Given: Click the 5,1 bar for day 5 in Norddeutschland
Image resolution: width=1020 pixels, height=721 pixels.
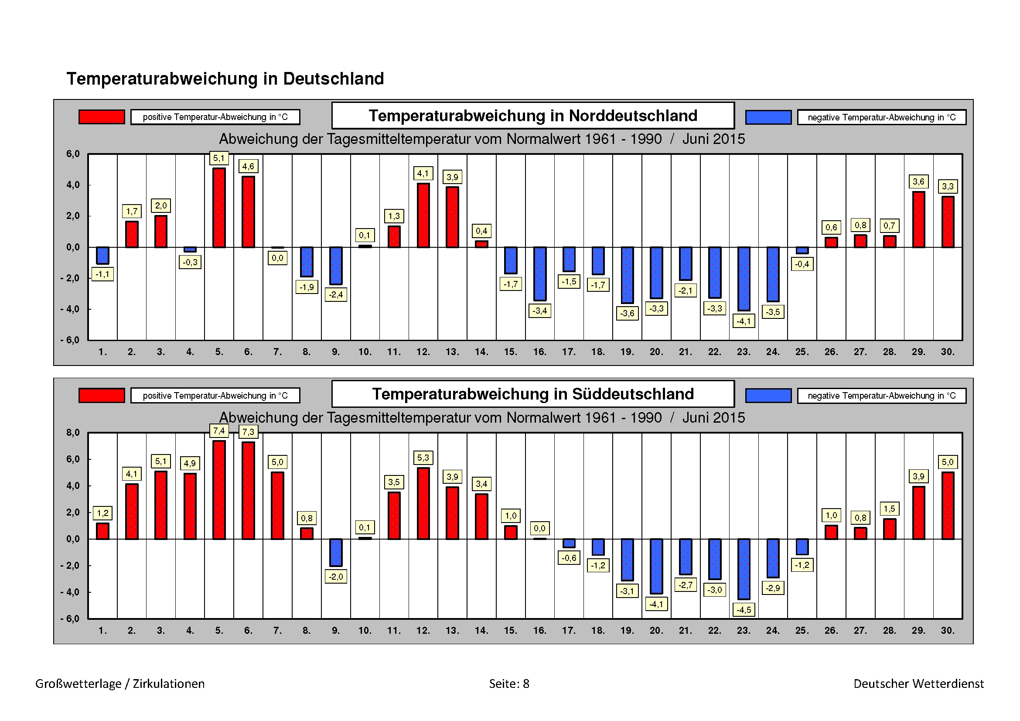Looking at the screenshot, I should pos(219,208).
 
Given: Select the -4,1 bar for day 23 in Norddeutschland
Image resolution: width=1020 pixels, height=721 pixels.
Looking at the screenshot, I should pos(744,279).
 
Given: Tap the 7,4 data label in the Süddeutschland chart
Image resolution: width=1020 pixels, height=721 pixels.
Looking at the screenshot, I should pos(218,431).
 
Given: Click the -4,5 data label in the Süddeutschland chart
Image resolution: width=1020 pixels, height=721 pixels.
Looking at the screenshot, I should pos(744,610).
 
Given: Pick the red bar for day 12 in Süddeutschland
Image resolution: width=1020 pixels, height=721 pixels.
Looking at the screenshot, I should pos(423,503).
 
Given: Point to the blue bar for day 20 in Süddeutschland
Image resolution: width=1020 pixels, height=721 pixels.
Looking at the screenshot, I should pos(656,566).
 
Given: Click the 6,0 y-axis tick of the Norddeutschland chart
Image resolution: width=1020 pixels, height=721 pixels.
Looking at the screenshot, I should pos(73,154).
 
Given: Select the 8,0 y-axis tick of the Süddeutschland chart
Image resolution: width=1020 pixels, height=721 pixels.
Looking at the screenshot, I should pos(73,433).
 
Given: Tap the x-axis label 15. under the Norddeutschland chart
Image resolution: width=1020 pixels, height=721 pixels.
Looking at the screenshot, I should pos(511,352).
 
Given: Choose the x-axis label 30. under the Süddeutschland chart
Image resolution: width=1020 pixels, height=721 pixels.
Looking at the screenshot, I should pos(948,630).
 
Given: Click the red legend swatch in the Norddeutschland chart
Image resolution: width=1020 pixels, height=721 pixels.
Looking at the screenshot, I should pos(102,117).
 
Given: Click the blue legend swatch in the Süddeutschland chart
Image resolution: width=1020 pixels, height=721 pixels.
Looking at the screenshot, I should pos(768,395).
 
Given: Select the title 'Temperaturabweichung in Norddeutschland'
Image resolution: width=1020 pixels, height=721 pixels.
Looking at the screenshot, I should pos(532,116).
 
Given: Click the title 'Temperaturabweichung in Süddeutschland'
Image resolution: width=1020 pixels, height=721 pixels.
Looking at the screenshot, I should pos(532,394).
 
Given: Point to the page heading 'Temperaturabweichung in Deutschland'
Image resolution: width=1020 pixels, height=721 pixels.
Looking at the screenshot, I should pos(225,79).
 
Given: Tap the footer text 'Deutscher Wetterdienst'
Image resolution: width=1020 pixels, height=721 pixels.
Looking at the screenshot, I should pos(918,683).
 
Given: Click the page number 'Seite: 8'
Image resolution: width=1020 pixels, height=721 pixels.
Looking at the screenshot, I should pos(509,683).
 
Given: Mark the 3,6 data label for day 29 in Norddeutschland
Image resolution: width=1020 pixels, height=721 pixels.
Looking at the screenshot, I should pos(918,182).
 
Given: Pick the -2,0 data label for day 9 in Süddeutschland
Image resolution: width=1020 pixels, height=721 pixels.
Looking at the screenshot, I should pos(336,577).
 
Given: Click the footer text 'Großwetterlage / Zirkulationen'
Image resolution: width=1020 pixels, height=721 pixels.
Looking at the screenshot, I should pos(120,683).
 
